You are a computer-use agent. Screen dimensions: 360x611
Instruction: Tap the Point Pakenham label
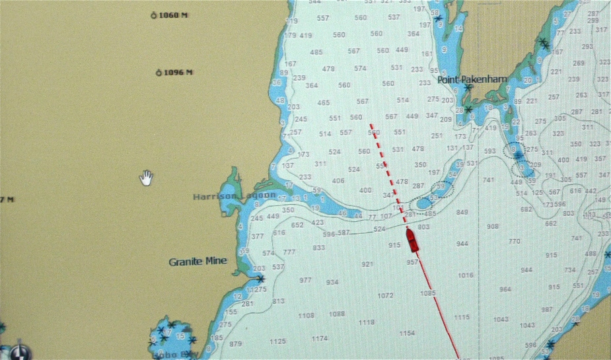click(472, 79)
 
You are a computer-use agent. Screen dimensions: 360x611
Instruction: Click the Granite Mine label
click(198, 262)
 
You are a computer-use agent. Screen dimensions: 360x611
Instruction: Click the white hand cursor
click(146, 177)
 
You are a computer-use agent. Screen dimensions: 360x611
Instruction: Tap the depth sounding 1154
click(407, 334)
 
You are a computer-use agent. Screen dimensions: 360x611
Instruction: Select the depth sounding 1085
click(428, 293)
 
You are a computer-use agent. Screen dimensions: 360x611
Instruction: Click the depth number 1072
click(386, 295)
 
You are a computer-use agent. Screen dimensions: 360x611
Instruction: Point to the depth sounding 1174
click(320, 339)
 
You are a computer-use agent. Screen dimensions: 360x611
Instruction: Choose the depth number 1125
click(277, 342)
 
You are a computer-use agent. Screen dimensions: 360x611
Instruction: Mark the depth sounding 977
click(305, 281)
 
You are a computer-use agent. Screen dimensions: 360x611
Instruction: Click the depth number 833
click(319, 248)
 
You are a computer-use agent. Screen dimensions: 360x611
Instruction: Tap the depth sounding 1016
click(466, 275)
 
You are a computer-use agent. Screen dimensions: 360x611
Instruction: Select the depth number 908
click(493, 227)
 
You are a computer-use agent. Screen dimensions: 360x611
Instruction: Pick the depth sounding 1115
click(461, 317)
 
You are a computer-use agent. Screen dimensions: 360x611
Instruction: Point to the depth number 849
click(462, 212)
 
